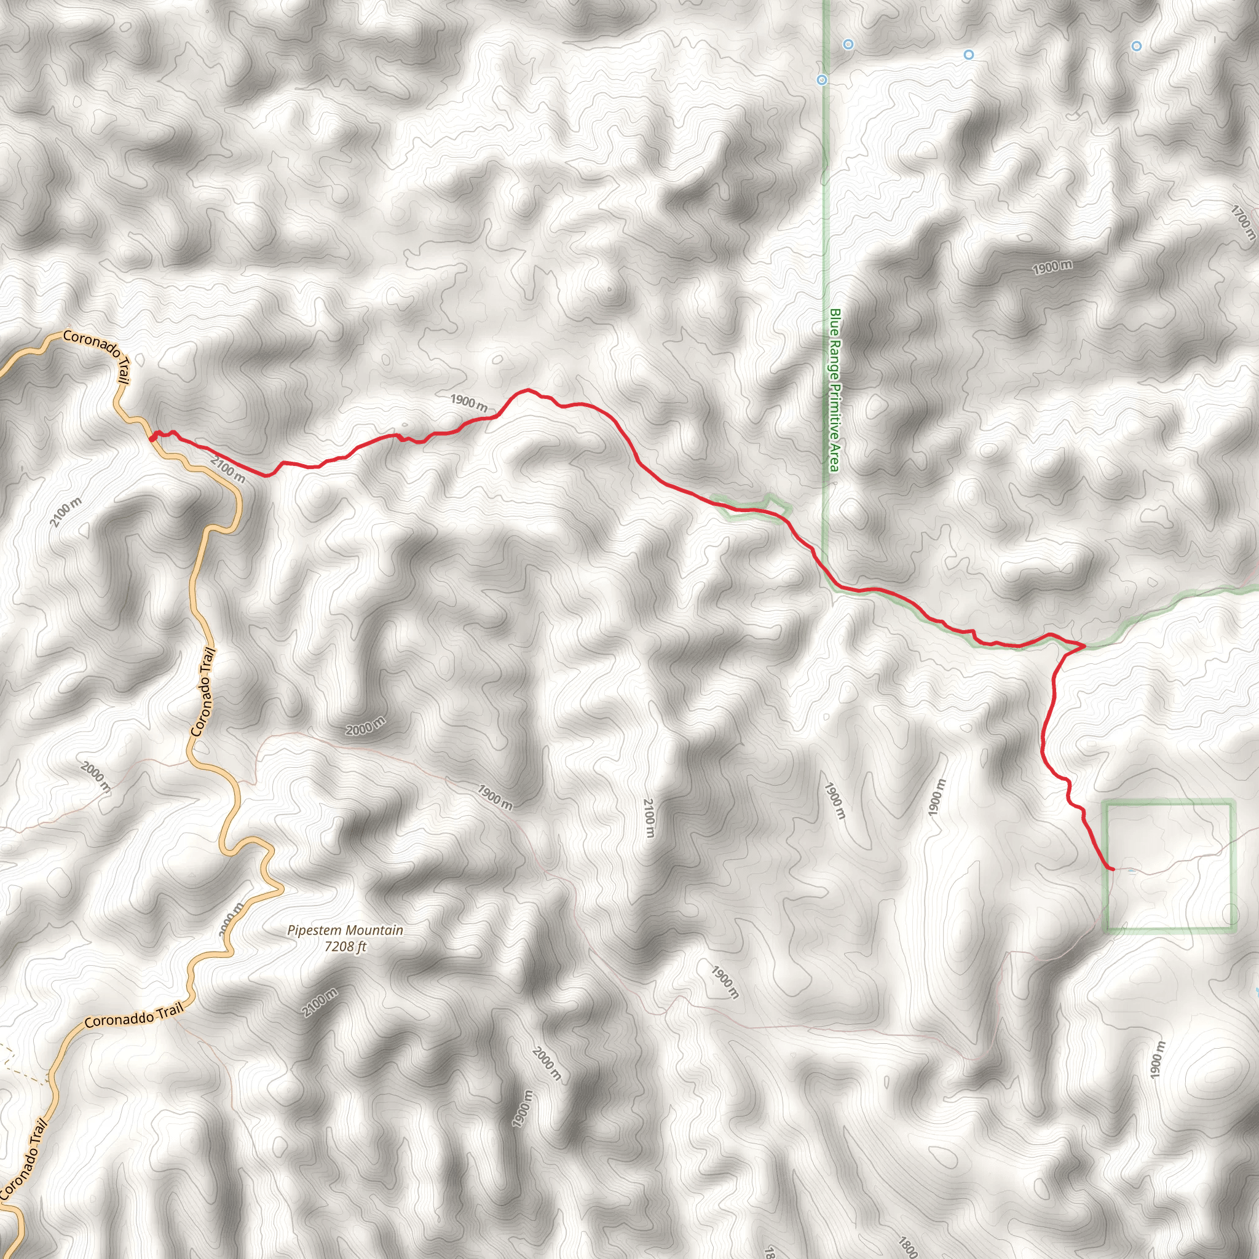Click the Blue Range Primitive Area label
(834, 390)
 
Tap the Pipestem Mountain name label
(345, 931)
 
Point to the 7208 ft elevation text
(345, 946)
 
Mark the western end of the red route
(152, 438)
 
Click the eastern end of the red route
(1111, 869)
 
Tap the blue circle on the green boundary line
(823, 80)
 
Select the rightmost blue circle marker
(1137, 46)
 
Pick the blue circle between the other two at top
(969, 55)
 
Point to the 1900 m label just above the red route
(468, 402)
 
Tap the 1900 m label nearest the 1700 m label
(1052, 267)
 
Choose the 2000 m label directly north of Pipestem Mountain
(365, 726)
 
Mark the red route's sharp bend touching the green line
(1084, 646)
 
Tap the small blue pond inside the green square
(1132, 870)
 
